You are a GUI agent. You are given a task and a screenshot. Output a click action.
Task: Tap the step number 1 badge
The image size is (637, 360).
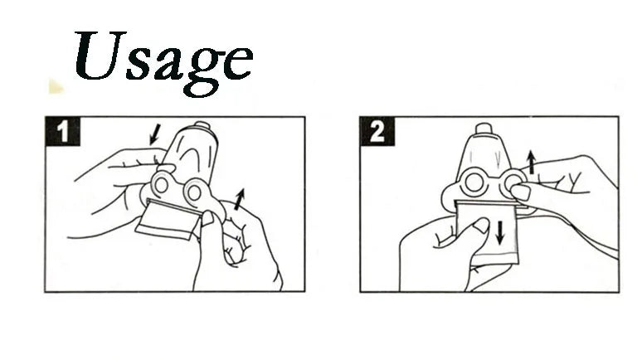click(62, 131)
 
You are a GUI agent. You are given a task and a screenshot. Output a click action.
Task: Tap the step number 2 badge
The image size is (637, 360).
click(377, 131)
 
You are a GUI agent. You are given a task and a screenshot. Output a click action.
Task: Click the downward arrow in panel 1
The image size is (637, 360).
click(155, 134)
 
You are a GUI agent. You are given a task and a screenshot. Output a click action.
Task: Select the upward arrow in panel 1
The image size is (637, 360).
click(240, 199)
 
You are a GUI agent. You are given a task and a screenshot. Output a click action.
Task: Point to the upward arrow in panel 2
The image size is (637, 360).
click(531, 162)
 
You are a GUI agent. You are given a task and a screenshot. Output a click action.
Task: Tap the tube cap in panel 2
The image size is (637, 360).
click(484, 129)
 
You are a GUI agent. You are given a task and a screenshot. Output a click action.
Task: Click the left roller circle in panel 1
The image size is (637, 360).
click(161, 185)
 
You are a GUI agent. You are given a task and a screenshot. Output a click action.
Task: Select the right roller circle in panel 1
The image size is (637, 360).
click(194, 192)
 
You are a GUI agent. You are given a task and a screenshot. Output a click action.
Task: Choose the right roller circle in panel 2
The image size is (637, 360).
click(513, 182)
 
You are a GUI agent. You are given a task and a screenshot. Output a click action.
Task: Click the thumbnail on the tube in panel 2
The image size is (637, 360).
click(482, 225)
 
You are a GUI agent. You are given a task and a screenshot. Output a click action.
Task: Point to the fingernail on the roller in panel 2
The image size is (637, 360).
click(521, 192)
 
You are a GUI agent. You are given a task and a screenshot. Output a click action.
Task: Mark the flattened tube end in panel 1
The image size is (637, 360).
click(169, 220)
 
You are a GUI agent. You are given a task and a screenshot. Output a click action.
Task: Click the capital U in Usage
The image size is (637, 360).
click(100, 55)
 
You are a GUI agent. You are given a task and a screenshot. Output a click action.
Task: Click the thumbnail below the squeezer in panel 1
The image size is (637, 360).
click(207, 218)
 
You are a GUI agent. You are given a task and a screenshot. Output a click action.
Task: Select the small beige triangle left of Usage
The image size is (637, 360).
click(56, 86)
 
